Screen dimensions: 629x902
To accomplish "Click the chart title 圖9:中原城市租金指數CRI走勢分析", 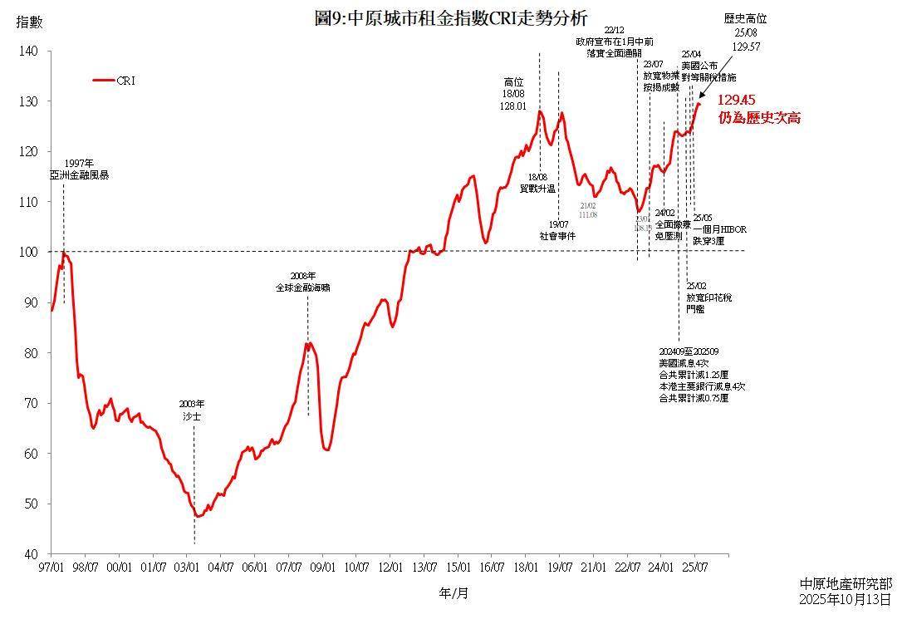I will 451,18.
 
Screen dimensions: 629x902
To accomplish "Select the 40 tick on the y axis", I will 31,554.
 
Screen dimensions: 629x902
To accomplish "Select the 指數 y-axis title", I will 28,22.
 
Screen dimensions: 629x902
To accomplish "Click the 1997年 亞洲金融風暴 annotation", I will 80,170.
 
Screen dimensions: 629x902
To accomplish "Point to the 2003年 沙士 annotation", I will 193,410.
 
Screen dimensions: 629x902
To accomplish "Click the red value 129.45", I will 737,101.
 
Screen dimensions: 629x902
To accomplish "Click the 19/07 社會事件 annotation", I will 557,230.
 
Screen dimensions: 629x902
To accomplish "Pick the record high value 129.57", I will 747,47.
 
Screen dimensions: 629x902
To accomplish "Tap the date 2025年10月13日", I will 846,598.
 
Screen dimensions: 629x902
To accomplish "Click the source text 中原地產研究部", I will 846,584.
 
